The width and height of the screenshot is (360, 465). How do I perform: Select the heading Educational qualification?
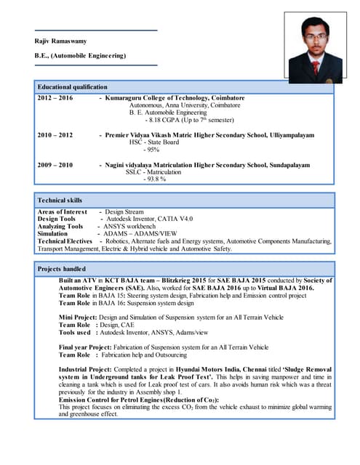tap(72, 86)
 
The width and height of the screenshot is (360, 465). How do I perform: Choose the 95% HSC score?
tap(151, 150)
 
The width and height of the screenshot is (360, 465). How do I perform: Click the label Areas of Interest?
tap(63, 211)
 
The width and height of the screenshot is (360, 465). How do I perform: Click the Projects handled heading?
tap(62, 269)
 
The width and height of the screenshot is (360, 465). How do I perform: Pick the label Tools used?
tap(75, 333)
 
